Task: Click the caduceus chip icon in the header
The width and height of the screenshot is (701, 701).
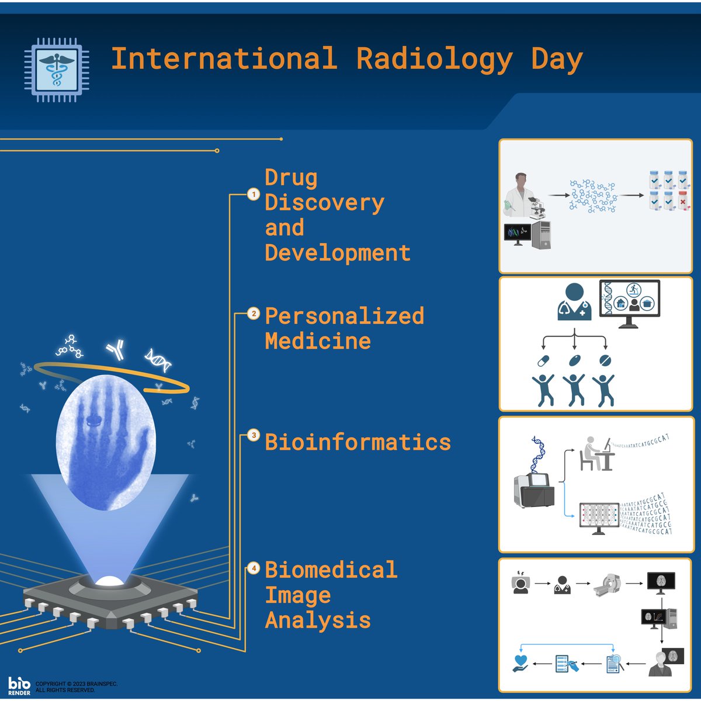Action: pos(57,70)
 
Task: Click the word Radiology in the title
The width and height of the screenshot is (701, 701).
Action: pos(435,59)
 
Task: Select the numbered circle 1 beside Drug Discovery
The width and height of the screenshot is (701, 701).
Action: pos(253,194)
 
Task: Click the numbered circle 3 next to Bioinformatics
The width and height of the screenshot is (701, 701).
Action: pos(253,435)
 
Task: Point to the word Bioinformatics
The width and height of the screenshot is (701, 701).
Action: pos(358,442)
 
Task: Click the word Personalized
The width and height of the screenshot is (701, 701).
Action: pos(344,316)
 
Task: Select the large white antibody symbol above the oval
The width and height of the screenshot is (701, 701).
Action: pos(115,349)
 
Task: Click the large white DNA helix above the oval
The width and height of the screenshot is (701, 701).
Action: pos(158,360)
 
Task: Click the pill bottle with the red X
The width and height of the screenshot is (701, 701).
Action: pos(682,200)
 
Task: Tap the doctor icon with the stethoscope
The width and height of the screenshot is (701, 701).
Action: pos(574,302)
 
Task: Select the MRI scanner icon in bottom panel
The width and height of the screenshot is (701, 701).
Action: pos(609,584)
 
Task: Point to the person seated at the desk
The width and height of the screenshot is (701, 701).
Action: pos(592,453)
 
